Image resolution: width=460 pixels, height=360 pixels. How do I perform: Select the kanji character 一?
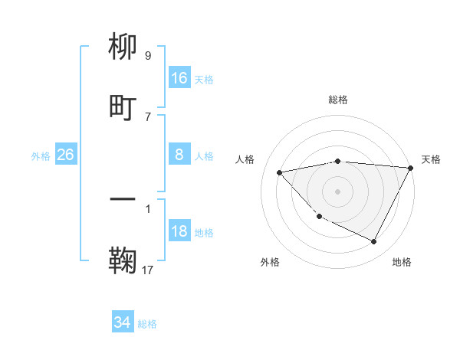tap(123, 200)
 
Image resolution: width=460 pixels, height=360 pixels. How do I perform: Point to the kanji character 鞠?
tap(123, 260)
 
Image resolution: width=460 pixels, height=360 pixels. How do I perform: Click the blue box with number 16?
tap(179, 77)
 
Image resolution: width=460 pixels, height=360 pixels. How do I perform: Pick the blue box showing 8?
tap(179, 155)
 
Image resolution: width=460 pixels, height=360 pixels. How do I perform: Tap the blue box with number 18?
tap(179, 231)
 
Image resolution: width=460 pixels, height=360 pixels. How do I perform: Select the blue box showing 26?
tap(65, 155)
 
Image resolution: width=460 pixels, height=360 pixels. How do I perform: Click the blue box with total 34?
tap(123, 322)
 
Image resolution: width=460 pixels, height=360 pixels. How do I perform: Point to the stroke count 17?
tap(149, 270)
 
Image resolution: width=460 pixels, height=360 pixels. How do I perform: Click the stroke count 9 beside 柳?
tap(148, 56)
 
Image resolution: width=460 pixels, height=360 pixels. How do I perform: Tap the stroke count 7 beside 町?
tap(148, 116)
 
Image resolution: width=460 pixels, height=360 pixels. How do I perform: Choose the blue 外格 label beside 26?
tap(41, 155)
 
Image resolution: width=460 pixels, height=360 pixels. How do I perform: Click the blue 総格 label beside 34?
tap(147, 323)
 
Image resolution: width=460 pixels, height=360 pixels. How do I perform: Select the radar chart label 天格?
tap(431, 159)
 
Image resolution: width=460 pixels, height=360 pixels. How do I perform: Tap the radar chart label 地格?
tap(402, 262)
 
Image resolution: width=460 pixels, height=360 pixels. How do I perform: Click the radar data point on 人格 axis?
tap(279, 172)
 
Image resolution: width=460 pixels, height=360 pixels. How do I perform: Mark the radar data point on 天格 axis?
tap(411, 168)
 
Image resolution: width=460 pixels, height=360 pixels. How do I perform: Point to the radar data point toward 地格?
tap(374, 242)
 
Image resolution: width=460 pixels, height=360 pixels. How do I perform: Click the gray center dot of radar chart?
tap(337, 191)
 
